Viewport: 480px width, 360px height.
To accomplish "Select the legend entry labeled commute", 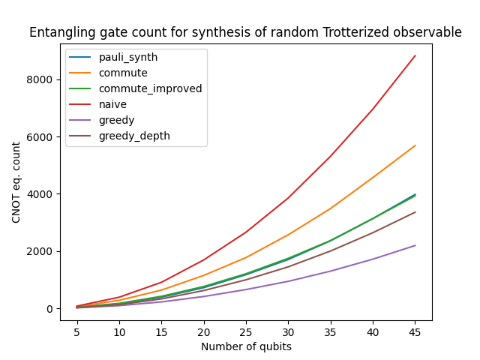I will point(121,73).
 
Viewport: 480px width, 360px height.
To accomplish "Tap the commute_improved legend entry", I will point(150,88).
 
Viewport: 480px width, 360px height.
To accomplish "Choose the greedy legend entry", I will point(117,120).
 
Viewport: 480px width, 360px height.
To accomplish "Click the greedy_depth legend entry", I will point(134,136).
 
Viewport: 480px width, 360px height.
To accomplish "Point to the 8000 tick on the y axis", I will point(42,79).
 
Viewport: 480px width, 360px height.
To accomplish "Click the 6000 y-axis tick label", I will point(42,137).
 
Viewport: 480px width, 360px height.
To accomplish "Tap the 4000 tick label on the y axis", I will point(42,194).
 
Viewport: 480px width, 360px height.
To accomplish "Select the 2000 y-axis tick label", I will point(42,251).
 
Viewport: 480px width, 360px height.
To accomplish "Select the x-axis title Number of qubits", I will point(246,346).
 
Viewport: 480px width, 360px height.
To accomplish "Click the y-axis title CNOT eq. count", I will point(16,181).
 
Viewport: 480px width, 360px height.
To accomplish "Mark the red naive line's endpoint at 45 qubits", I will point(415,55).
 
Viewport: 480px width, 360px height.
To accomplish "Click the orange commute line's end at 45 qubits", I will point(415,145).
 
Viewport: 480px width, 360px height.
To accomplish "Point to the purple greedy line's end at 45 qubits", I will point(415,245).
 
